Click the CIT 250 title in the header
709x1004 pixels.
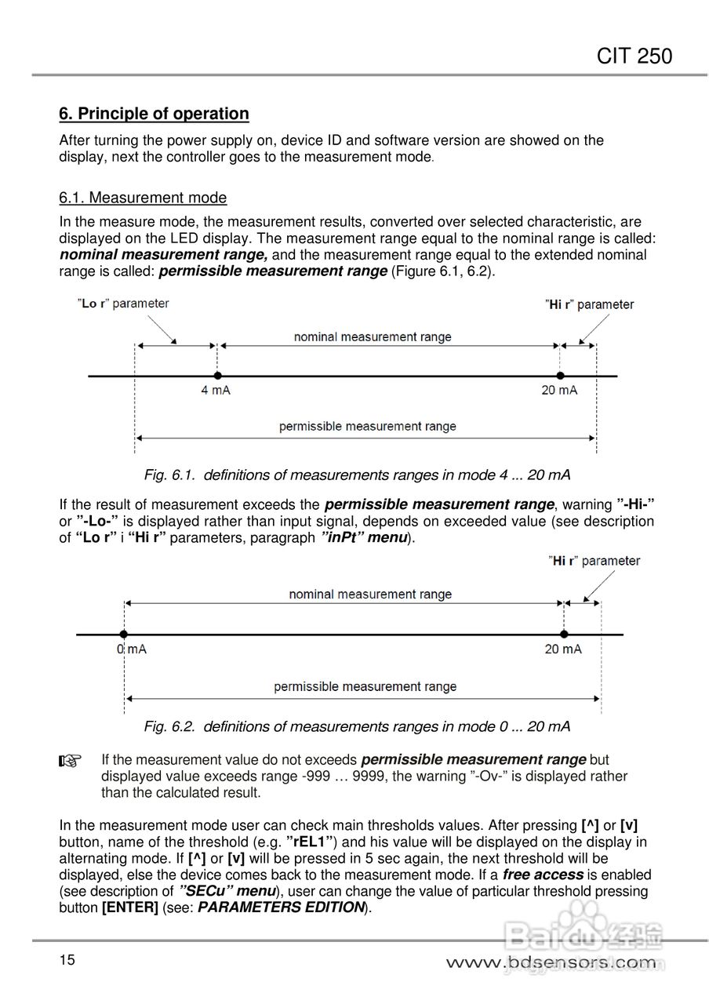pyautogui.click(x=634, y=56)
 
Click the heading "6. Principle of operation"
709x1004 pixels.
pyautogui.click(x=154, y=114)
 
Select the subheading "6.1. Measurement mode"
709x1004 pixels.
pyautogui.click(x=143, y=198)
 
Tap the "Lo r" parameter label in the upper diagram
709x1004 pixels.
pyautogui.click(x=123, y=304)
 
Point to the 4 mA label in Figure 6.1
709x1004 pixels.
pyautogui.click(x=216, y=391)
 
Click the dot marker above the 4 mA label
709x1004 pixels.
pyautogui.click(x=217, y=376)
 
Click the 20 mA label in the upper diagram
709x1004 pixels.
pyautogui.click(x=559, y=391)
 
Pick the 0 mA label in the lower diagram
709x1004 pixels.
pyautogui.click(x=132, y=649)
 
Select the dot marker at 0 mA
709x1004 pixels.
pyautogui.click(x=124, y=634)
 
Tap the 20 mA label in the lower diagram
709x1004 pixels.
pyautogui.click(x=563, y=649)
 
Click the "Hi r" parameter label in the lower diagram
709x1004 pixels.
pyautogui.click(x=595, y=561)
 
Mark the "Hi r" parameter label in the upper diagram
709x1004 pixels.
pyautogui.click(x=590, y=304)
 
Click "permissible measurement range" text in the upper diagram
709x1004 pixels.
pyautogui.click(x=367, y=427)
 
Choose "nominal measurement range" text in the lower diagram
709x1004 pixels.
pyautogui.click(x=370, y=595)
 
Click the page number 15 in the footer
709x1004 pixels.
pyautogui.click(x=67, y=959)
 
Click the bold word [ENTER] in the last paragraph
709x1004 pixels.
pyautogui.click(x=130, y=908)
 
